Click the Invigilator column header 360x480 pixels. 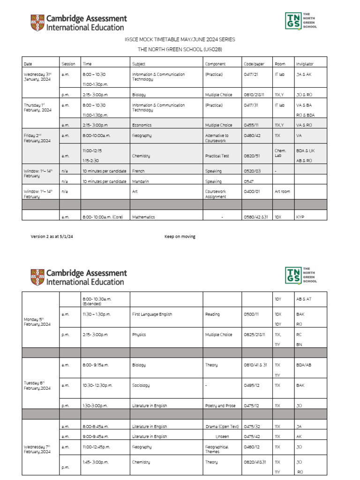305,64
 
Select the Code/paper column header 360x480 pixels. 254,64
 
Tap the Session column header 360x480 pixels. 68,64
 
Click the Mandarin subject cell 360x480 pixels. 140,181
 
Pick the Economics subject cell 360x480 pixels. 142,125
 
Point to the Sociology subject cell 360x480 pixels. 141,385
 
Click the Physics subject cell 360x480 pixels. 139,335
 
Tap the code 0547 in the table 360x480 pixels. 249,181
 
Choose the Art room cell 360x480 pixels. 283,191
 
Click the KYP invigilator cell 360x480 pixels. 300,217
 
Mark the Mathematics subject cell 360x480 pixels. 143,217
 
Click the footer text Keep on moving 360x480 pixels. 180,237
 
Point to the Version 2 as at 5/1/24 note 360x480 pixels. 52,237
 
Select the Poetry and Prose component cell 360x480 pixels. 220,405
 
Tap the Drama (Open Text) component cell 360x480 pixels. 222,427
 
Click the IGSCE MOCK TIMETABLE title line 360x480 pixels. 180,40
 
